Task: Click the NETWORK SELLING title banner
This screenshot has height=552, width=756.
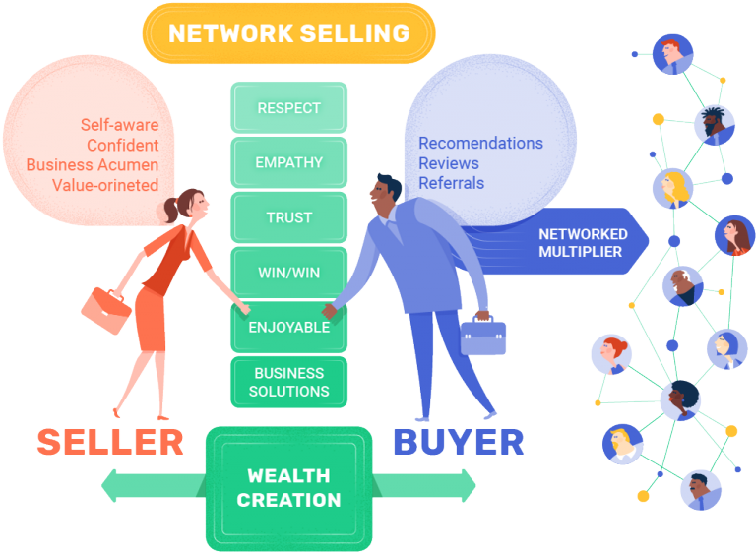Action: (288, 33)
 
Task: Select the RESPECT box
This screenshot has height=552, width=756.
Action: (288, 108)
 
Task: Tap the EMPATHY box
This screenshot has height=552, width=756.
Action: (288, 162)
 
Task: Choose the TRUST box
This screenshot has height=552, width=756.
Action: (288, 217)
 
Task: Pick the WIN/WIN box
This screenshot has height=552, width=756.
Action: (288, 273)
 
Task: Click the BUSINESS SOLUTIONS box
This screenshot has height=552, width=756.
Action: (288, 382)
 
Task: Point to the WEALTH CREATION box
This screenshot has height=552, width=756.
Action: (288, 487)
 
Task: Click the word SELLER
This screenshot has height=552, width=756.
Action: (110, 442)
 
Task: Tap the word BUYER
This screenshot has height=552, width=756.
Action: (459, 442)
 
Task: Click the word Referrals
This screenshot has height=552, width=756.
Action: (451, 183)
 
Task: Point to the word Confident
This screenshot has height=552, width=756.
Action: (122, 146)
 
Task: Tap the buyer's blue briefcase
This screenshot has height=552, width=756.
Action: (484, 335)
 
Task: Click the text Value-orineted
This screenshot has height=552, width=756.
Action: (107, 185)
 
